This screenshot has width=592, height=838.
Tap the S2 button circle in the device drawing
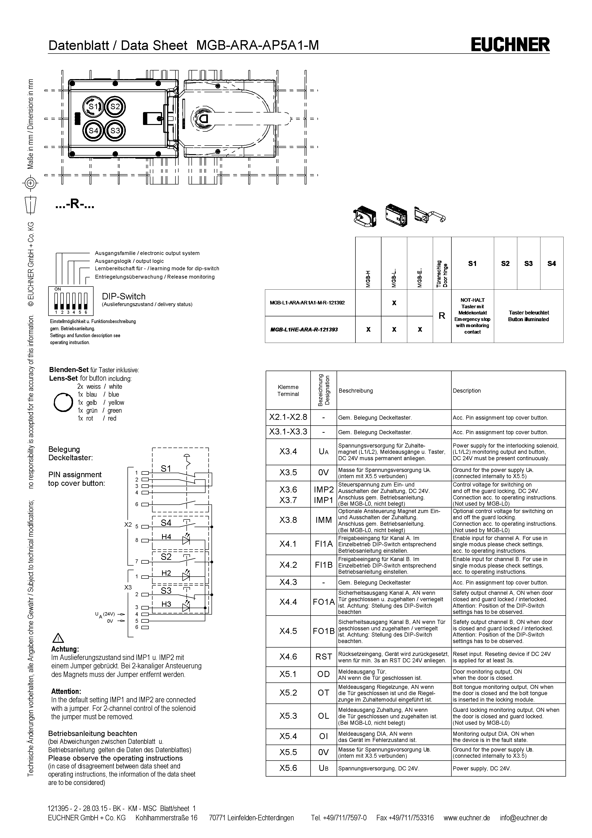[x=115, y=107]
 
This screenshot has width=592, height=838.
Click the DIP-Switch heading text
[x=124, y=296]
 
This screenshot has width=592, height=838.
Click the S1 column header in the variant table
[x=472, y=264]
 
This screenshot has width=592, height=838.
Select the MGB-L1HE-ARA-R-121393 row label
[x=304, y=330]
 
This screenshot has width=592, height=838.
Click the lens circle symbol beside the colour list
[x=63, y=403]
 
